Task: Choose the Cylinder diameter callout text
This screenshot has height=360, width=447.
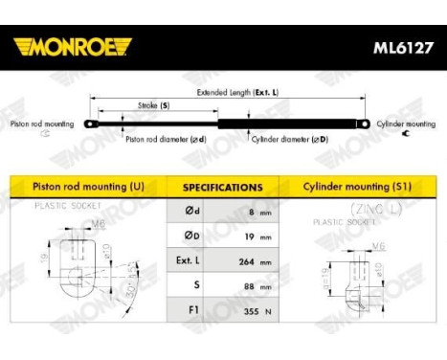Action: (x=289, y=139)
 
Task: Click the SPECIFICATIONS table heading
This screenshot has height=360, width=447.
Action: (x=222, y=188)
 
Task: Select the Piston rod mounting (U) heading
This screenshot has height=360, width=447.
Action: (x=90, y=187)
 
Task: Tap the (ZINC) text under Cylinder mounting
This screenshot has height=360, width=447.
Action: (x=354, y=208)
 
